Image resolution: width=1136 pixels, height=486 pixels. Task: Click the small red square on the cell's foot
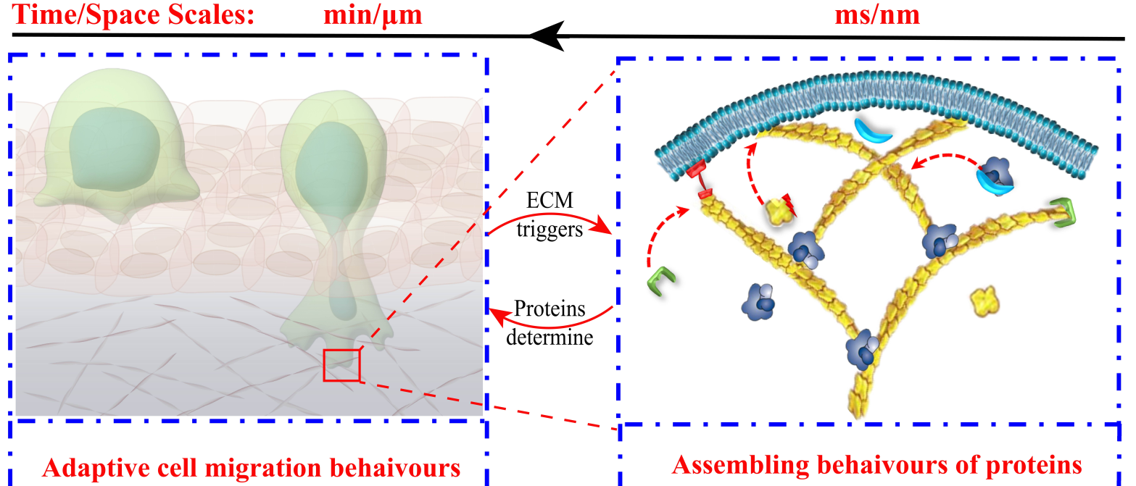[341, 364]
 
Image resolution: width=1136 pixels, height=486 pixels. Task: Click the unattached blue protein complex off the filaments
[760, 301]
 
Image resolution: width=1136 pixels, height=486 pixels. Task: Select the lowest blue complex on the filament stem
[863, 349]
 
